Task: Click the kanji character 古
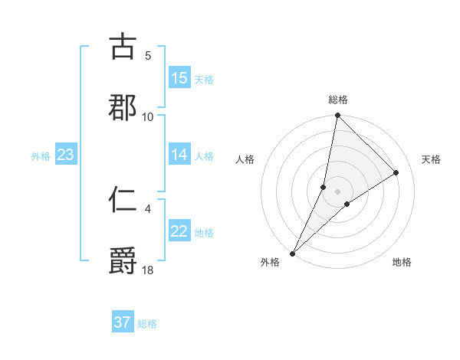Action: [x=123, y=47]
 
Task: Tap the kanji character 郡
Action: [x=123, y=108]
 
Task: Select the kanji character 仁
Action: [x=123, y=200]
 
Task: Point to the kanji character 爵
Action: [x=123, y=261]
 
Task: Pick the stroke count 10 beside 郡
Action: [x=148, y=116]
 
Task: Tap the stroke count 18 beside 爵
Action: [x=148, y=270]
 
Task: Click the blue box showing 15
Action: [x=179, y=78]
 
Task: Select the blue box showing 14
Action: [x=179, y=155]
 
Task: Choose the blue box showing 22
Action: [x=179, y=231]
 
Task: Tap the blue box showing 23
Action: [x=66, y=155]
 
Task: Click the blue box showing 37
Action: [x=123, y=322]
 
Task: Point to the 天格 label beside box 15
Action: [x=203, y=79]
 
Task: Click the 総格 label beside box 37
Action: [x=147, y=324]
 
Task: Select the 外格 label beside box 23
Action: [x=41, y=155]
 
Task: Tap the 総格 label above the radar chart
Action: [x=338, y=100]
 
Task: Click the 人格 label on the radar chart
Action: [x=245, y=159]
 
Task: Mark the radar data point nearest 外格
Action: [x=292, y=254]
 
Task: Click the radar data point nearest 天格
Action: [x=396, y=172]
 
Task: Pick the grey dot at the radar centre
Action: [x=338, y=191]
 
